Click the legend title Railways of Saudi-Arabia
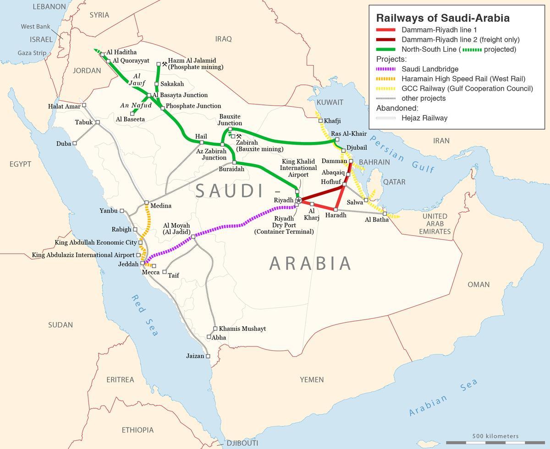(442, 18)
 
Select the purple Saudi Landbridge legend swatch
(386, 69)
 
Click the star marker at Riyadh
(298, 200)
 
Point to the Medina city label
(161, 206)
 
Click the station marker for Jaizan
(208, 356)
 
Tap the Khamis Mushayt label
(242, 329)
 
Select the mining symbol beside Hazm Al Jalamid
(165, 64)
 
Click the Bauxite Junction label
(230, 120)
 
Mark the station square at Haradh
(335, 209)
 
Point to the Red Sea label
(144, 316)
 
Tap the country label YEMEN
(312, 379)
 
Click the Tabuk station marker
(98, 122)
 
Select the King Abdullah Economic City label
(96, 242)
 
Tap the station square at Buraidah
(234, 162)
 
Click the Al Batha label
(376, 219)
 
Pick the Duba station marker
(75, 143)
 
